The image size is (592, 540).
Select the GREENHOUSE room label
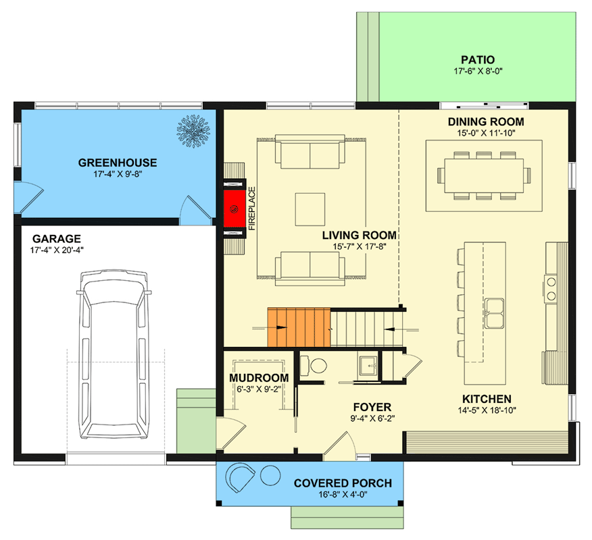(118, 163)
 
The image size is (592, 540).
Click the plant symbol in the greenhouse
(195, 131)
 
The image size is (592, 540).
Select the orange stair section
(298, 329)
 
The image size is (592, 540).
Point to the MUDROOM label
(259, 378)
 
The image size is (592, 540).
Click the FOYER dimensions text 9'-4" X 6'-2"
(372, 418)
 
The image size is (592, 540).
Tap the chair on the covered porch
(241, 479)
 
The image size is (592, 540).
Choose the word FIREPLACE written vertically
(251, 209)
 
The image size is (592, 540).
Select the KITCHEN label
(487, 399)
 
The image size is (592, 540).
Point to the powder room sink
(369, 364)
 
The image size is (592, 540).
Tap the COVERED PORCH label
(343, 483)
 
